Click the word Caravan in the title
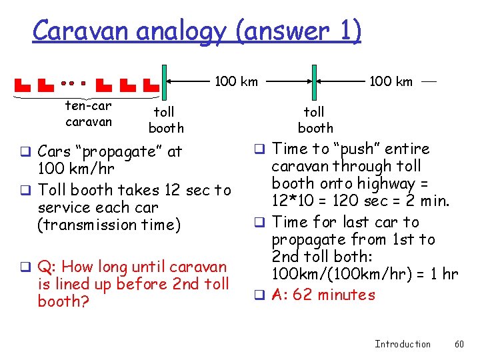(74, 31)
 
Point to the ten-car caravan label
(89, 113)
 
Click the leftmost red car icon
(23, 86)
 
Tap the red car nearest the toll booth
(151, 86)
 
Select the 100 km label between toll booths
(236, 82)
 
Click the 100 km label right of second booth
(391, 82)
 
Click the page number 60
(459, 344)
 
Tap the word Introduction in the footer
(403, 344)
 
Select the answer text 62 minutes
(334, 295)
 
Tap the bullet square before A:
(261, 295)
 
